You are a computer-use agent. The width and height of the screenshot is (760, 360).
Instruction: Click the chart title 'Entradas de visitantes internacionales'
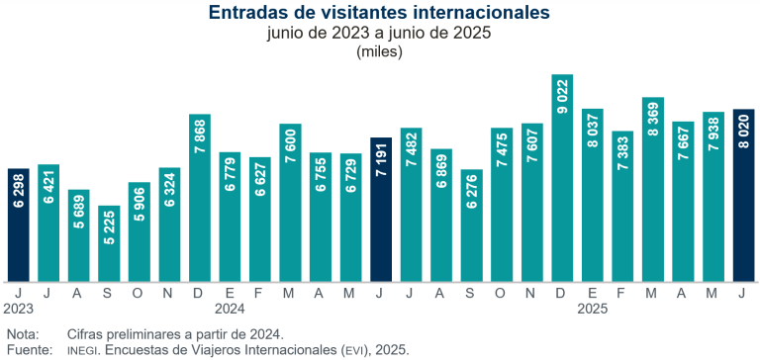click(380, 13)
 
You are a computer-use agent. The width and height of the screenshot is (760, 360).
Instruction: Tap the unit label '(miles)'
click(380, 51)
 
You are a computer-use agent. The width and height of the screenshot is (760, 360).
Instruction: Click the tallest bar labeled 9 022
click(562, 178)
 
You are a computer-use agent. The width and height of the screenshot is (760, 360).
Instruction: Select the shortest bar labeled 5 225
click(109, 243)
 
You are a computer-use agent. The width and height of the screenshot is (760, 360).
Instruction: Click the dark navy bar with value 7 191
click(381, 210)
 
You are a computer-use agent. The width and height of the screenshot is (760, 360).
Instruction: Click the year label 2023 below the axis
click(19, 309)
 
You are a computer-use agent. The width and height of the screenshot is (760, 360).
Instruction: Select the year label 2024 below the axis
click(230, 309)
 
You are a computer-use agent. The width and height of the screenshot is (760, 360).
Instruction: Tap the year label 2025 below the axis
click(592, 309)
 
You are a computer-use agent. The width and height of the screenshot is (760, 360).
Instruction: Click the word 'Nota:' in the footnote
click(23, 334)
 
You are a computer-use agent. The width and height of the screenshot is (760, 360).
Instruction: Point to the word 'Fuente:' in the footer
click(28, 350)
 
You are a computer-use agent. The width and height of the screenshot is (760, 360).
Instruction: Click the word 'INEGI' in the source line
click(86, 351)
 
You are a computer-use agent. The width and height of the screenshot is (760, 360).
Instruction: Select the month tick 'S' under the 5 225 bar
click(109, 293)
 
